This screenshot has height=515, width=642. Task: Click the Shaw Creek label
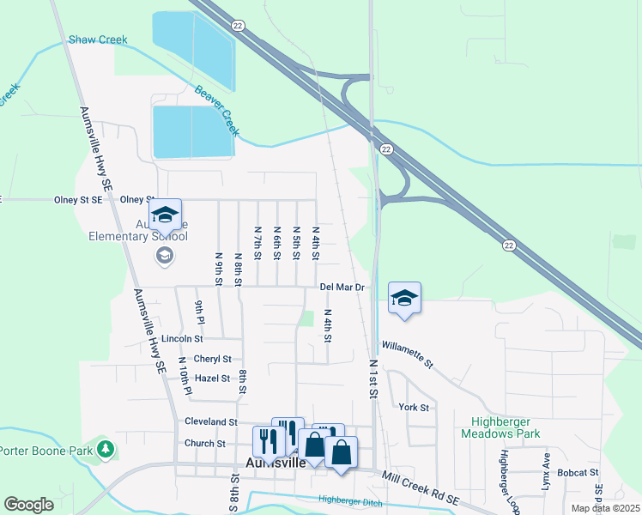click(98, 39)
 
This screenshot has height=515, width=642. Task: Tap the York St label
click(414, 407)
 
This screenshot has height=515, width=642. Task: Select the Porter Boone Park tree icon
click(105, 449)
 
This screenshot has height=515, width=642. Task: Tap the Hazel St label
click(212, 378)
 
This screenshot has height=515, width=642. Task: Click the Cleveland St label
click(210, 422)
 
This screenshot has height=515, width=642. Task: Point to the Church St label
click(204, 444)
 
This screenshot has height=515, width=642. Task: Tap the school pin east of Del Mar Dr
click(404, 299)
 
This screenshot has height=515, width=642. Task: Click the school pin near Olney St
click(165, 215)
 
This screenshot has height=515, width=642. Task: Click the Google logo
click(28, 505)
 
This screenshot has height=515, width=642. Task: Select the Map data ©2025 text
click(605, 508)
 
